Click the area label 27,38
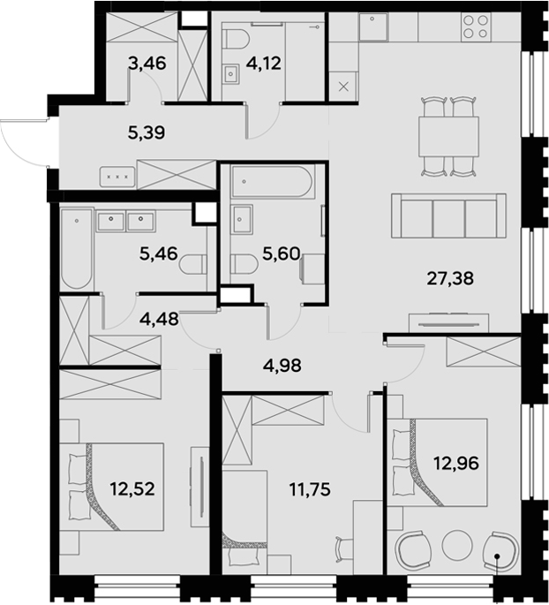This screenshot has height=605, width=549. (450, 278)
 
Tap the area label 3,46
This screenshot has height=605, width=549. (147, 64)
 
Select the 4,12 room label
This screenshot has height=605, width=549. (264, 64)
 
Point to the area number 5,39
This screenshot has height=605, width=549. (147, 133)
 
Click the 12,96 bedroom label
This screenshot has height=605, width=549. (456, 463)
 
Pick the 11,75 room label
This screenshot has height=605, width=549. (310, 489)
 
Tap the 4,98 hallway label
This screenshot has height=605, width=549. (282, 366)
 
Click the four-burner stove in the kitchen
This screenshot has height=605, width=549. (476, 26)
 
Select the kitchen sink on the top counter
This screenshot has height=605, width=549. (372, 26)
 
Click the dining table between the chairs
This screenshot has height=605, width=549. (448, 137)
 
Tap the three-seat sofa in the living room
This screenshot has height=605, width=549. (448, 216)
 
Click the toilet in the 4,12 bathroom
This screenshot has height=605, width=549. (237, 39)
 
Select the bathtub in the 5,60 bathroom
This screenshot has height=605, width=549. (272, 181)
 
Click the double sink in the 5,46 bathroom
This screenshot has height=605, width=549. (125, 221)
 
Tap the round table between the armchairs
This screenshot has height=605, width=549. (457, 546)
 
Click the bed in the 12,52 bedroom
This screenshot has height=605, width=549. (112, 487)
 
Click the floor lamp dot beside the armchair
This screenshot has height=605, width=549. (497, 556)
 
